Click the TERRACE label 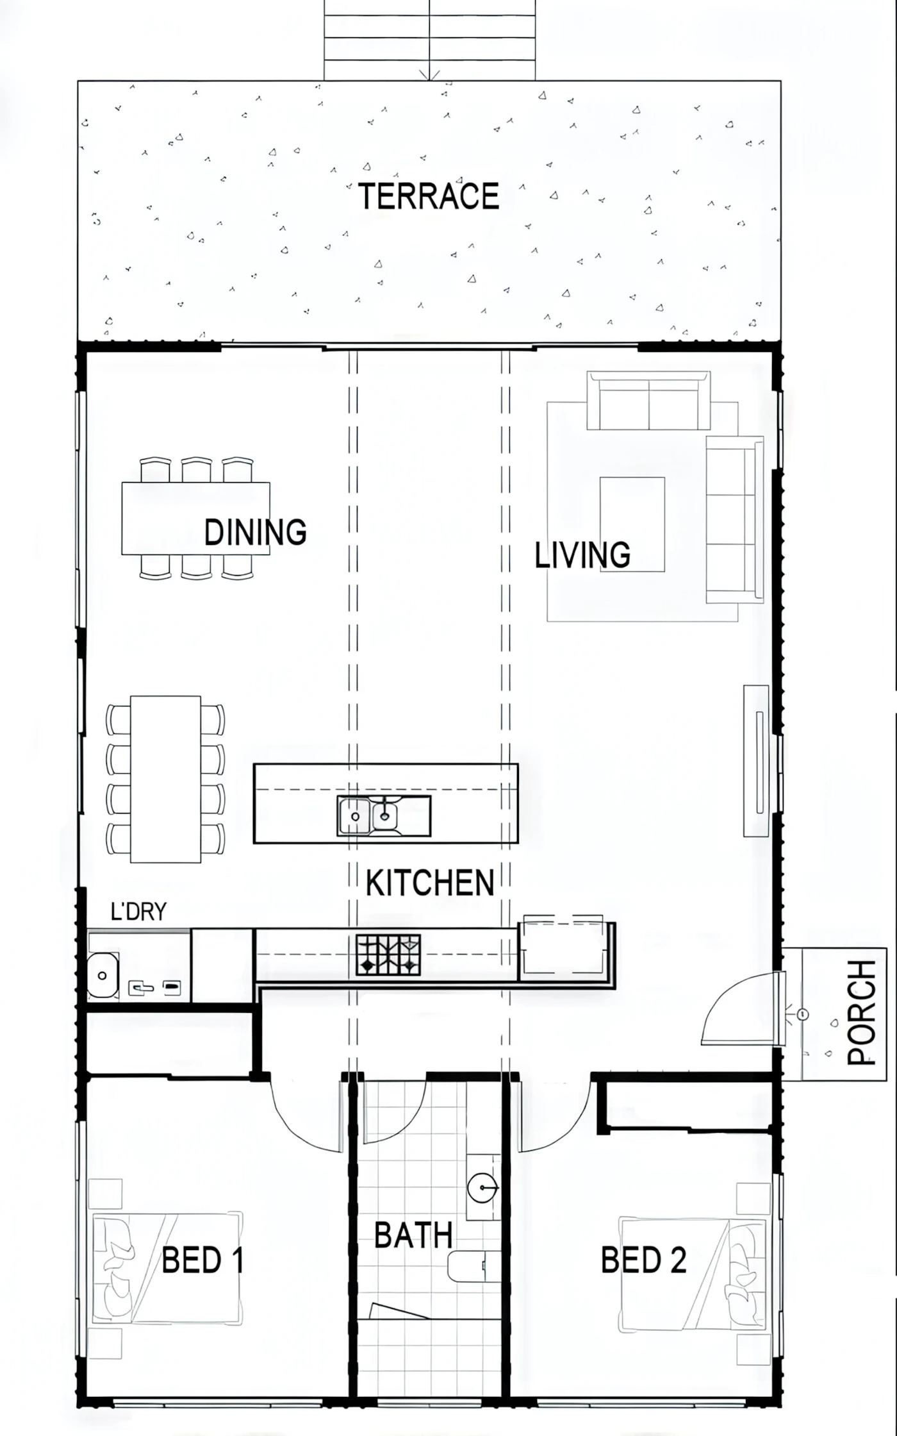coord(429,196)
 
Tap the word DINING coord(255,532)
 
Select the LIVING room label coord(582,555)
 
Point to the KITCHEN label coord(430,883)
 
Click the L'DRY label coord(138,911)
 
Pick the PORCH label coord(862,1013)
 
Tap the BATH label coord(413,1235)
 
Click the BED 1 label coord(202,1260)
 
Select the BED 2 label coord(643,1260)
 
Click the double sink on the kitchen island coord(384,815)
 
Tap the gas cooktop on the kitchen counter coord(388,955)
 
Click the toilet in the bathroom coord(473,1267)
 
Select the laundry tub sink coord(103,975)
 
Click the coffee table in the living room coord(632,524)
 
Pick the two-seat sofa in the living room coord(648,400)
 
